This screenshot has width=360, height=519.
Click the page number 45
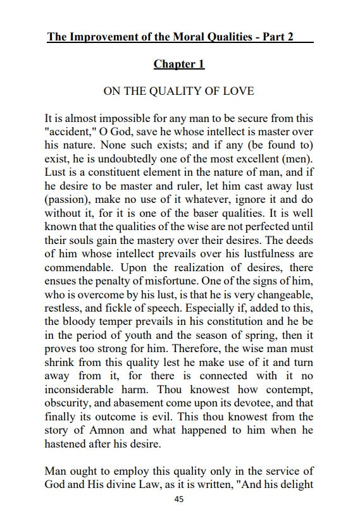[179, 499]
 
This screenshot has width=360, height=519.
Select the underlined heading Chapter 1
[179, 64]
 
